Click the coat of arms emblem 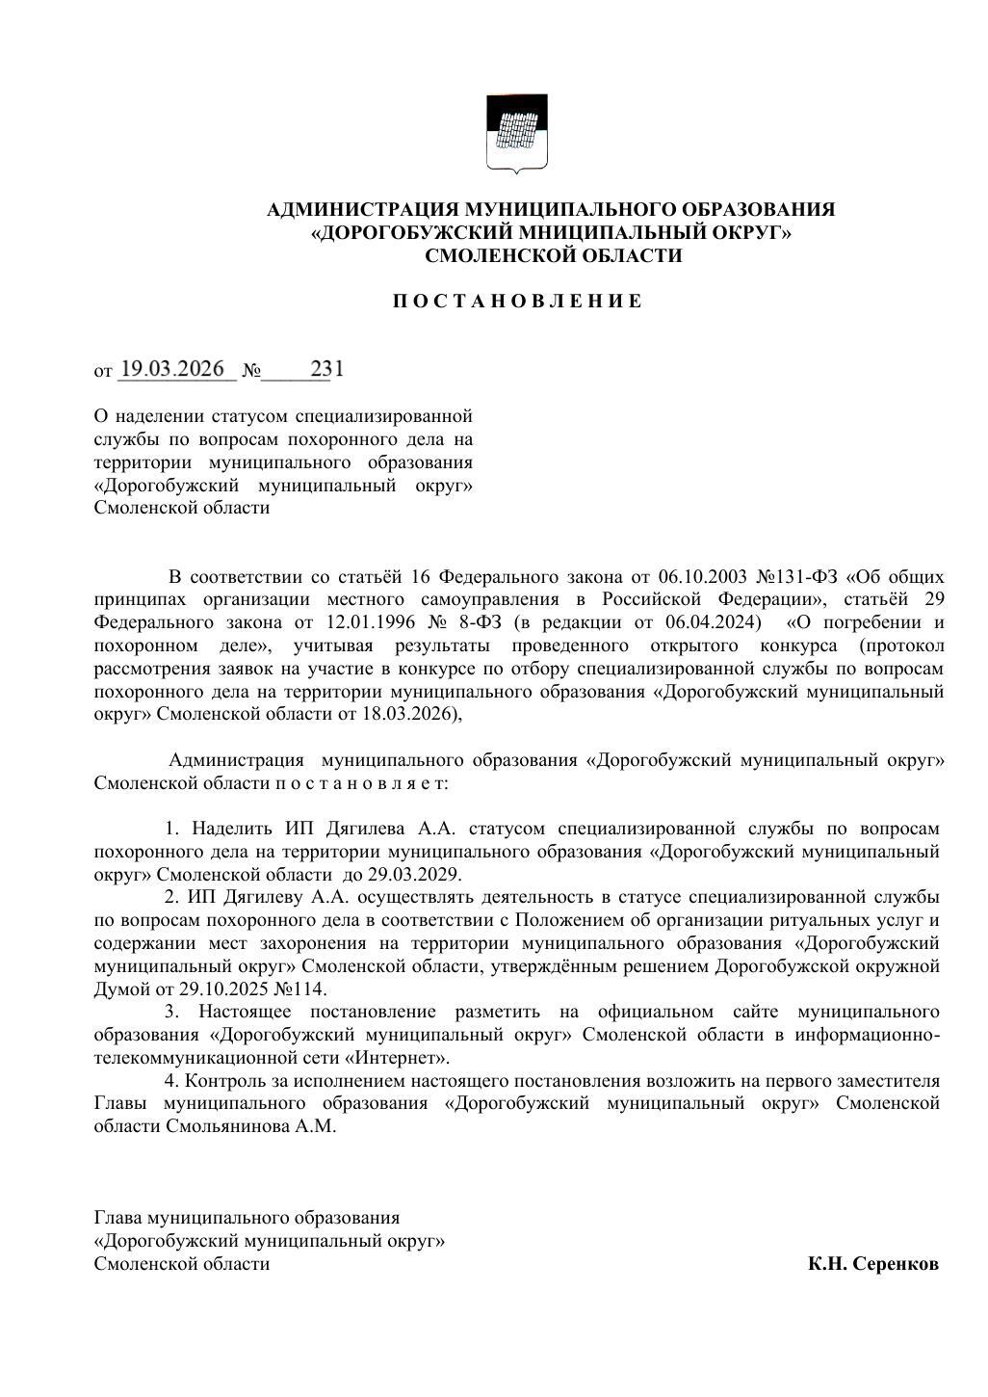[516, 133]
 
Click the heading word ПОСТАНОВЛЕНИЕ [517, 302]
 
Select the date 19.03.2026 [173, 369]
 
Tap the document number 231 [326, 369]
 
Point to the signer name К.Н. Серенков [872, 1263]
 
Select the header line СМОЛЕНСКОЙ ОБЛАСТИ [553, 255]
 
